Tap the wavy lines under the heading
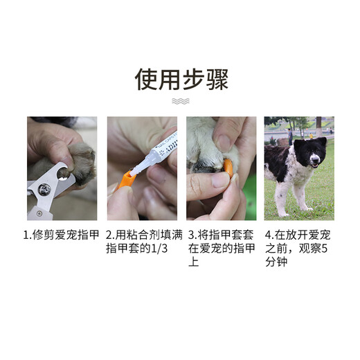coord(180,102)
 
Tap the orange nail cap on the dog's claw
coord(224,165)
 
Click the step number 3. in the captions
coord(192,235)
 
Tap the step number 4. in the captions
coord(271,235)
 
